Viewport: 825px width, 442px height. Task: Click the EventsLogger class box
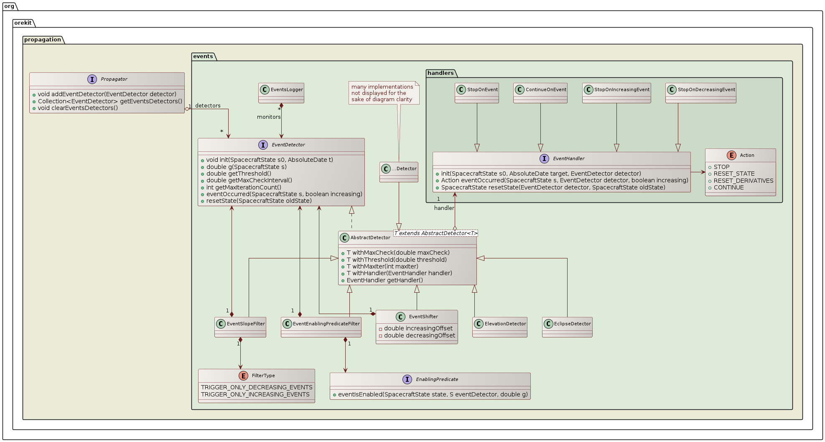point(281,92)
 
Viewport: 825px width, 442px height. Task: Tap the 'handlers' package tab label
point(441,73)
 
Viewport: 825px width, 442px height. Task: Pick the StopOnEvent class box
point(477,92)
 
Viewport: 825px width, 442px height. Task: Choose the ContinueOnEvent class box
point(540,92)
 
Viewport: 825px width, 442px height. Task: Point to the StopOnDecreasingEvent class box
point(701,92)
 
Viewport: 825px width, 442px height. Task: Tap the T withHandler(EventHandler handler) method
point(399,273)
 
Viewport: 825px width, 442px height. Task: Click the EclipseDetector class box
point(567,327)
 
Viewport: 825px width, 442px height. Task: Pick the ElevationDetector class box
point(500,327)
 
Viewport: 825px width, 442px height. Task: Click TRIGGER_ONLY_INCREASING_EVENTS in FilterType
point(255,394)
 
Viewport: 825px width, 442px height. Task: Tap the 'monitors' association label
point(269,117)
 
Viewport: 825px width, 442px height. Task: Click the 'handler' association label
point(444,208)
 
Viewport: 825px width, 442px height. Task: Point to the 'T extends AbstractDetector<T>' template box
point(435,233)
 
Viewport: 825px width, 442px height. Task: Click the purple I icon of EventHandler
point(544,158)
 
